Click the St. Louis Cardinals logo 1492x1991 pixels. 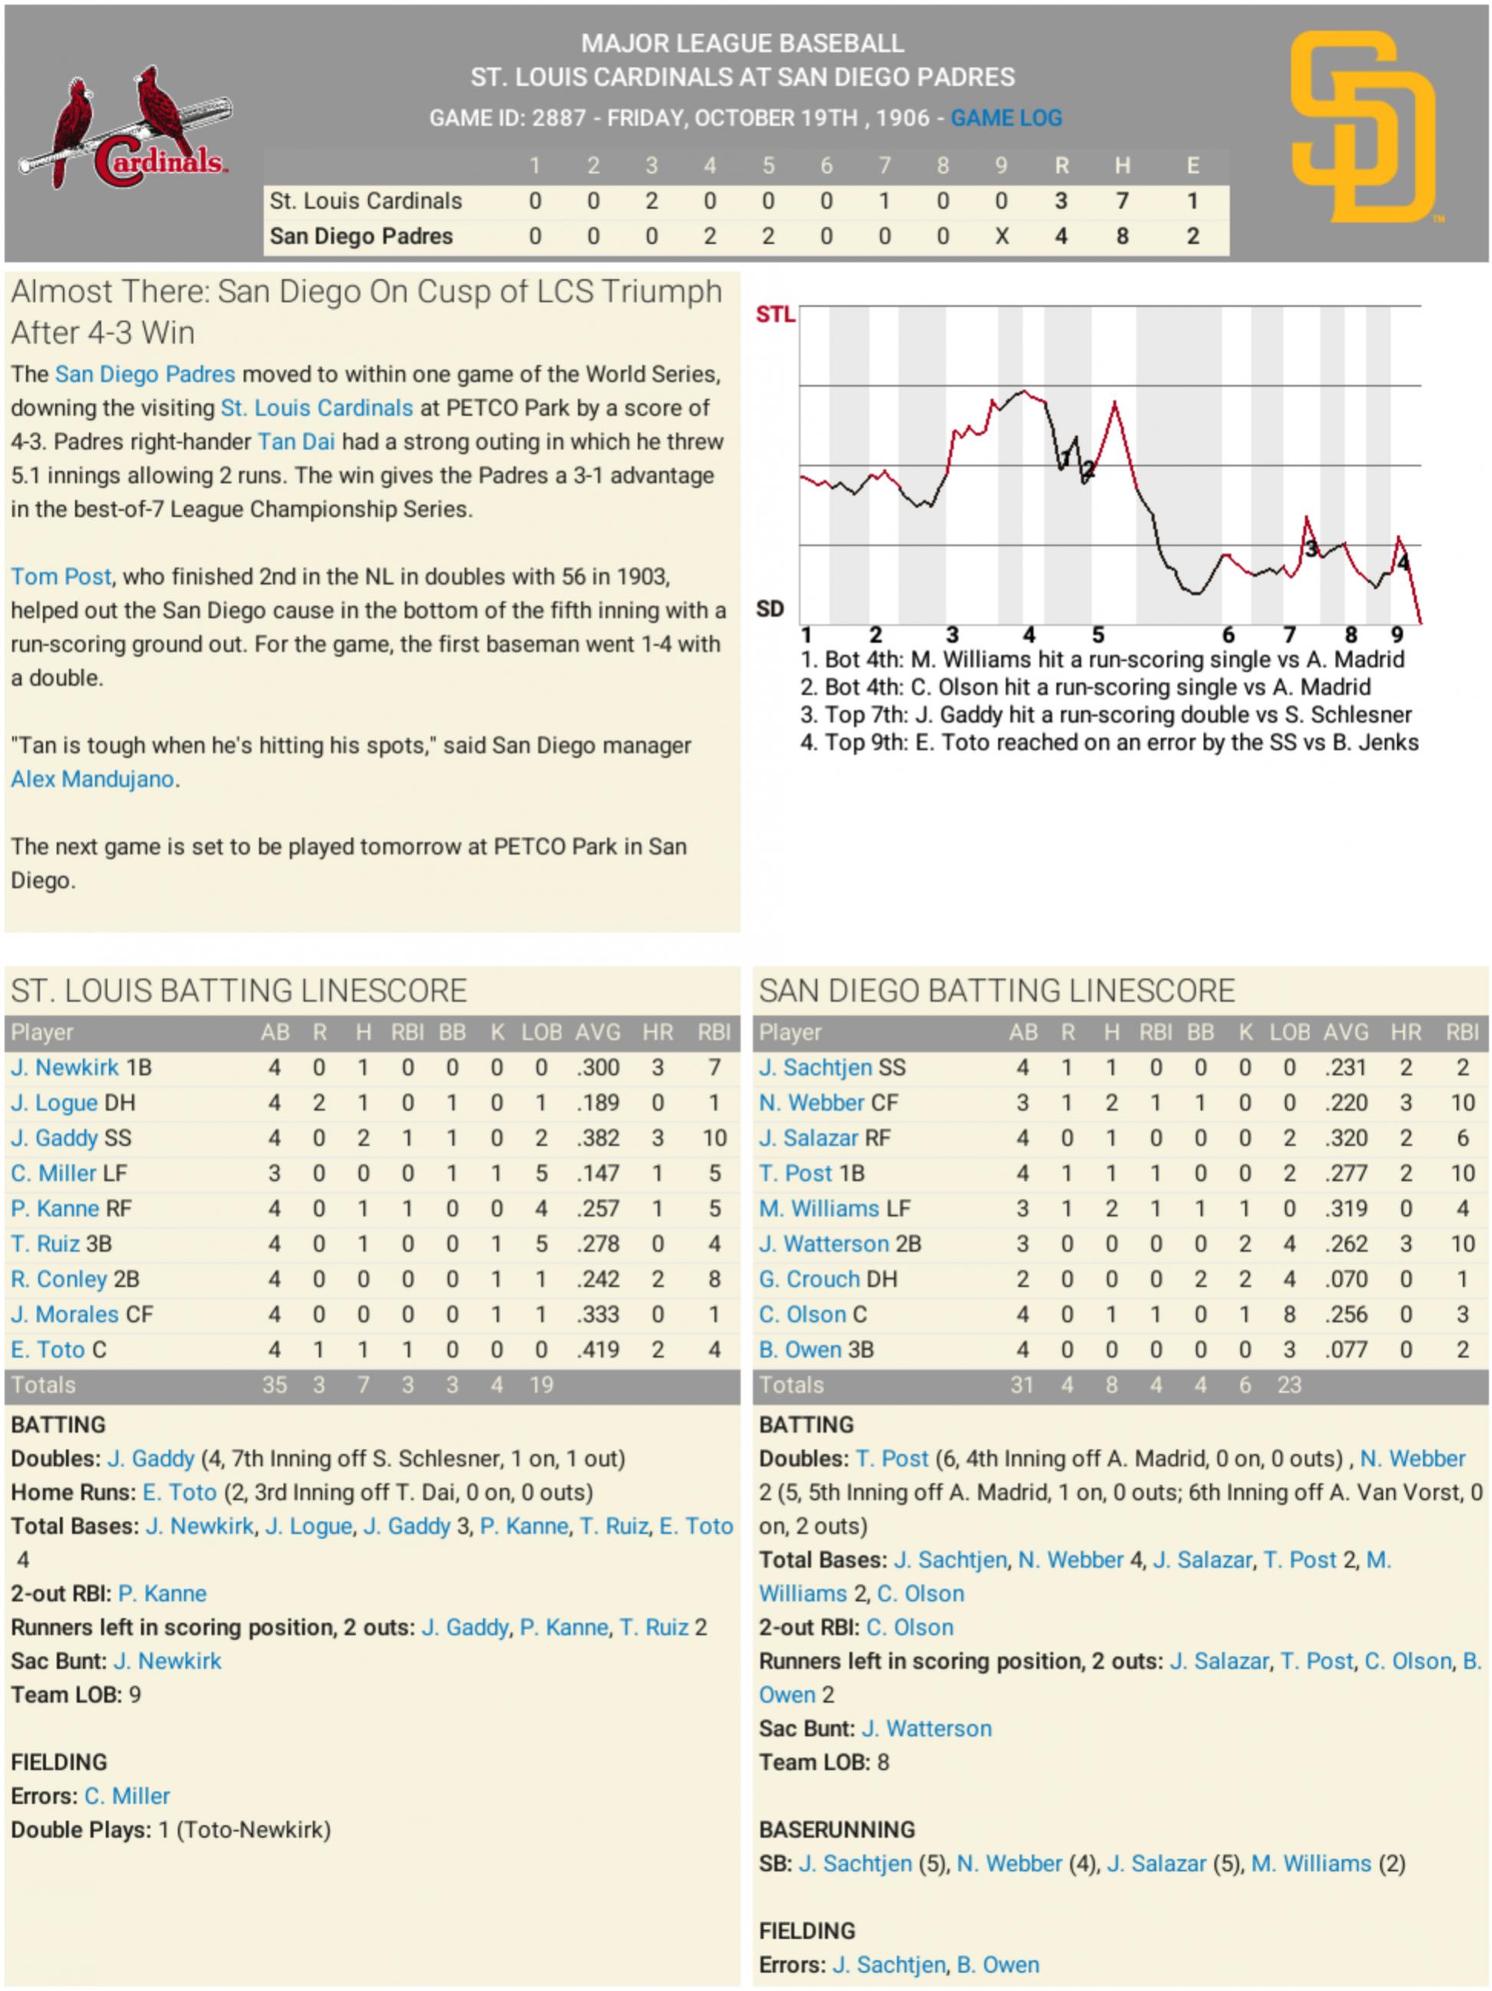pyautogui.click(x=124, y=129)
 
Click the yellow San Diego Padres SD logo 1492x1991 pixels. pyautogui.click(x=1362, y=128)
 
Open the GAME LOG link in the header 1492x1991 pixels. pyautogui.click(x=1006, y=118)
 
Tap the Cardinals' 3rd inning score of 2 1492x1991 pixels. pyautogui.click(x=650, y=201)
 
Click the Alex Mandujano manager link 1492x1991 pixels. pyautogui.click(x=93, y=780)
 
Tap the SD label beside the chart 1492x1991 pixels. pyautogui.click(x=769, y=609)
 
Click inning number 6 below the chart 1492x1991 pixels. pyautogui.click(x=1227, y=635)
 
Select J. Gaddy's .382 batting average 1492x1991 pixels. pyautogui.click(x=598, y=1138)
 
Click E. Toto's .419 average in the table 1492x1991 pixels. pyautogui.click(x=598, y=1350)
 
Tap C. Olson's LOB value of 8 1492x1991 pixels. pyautogui.click(x=1289, y=1314)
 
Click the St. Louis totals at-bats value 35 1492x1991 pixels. pyautogui.click(x=275, y=1384)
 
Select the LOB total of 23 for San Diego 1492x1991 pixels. pyautogui.click(x=1289, y=1384)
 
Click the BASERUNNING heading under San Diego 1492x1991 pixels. pyautogui.click(x=836, y=1830)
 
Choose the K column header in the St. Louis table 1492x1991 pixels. pyautogui.click(x=497, y=1033)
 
